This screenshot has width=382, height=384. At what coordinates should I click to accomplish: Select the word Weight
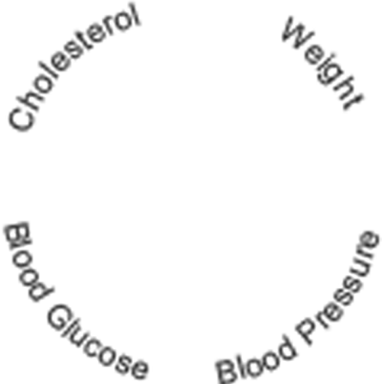coord(323,63)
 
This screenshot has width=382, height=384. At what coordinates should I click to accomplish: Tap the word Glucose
coord(98,342)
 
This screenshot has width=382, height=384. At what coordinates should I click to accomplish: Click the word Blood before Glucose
coord(28,261)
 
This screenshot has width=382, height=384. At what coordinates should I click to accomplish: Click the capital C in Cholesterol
coord(21,119)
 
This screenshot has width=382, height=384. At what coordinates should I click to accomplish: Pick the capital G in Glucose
coord(60,318)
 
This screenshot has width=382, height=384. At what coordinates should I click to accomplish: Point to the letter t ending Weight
coord(354,102)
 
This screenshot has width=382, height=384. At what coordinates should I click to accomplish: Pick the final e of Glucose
coord(139,369)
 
